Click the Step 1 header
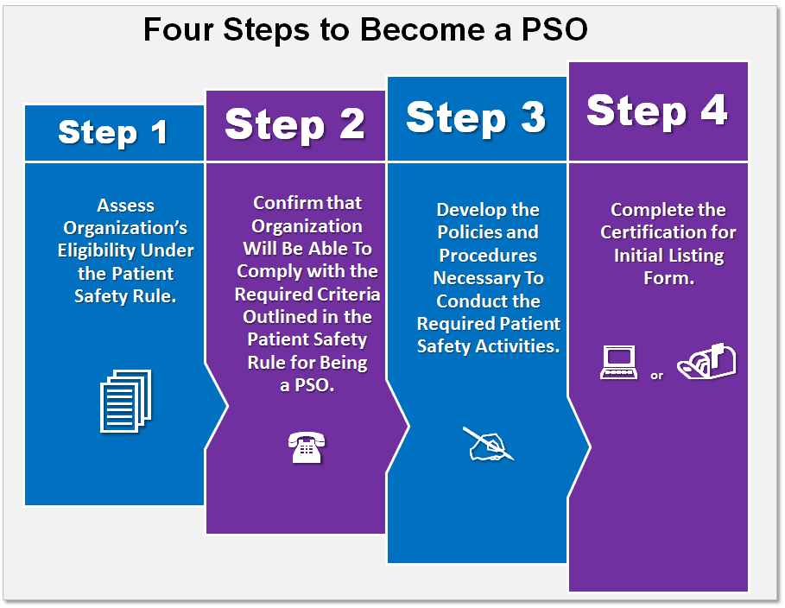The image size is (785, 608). (113, 133)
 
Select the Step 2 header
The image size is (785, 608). (294, 124)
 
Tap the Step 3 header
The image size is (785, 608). (476, 117)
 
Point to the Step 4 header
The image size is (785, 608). (657, 111)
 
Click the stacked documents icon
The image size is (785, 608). (126, 401)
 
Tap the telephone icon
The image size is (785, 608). (307, 447)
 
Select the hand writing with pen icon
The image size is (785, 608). (488, 443)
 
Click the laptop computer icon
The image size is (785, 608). (619, 362)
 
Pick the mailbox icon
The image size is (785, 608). (706, 361)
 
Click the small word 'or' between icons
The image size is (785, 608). (657, 375)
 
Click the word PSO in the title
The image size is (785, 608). (554, 29)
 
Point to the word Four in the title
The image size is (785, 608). (179, 29)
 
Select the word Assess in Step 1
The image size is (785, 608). (126, 206)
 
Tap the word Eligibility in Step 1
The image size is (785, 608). (89, 250)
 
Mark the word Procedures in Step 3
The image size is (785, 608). (488, 256)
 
